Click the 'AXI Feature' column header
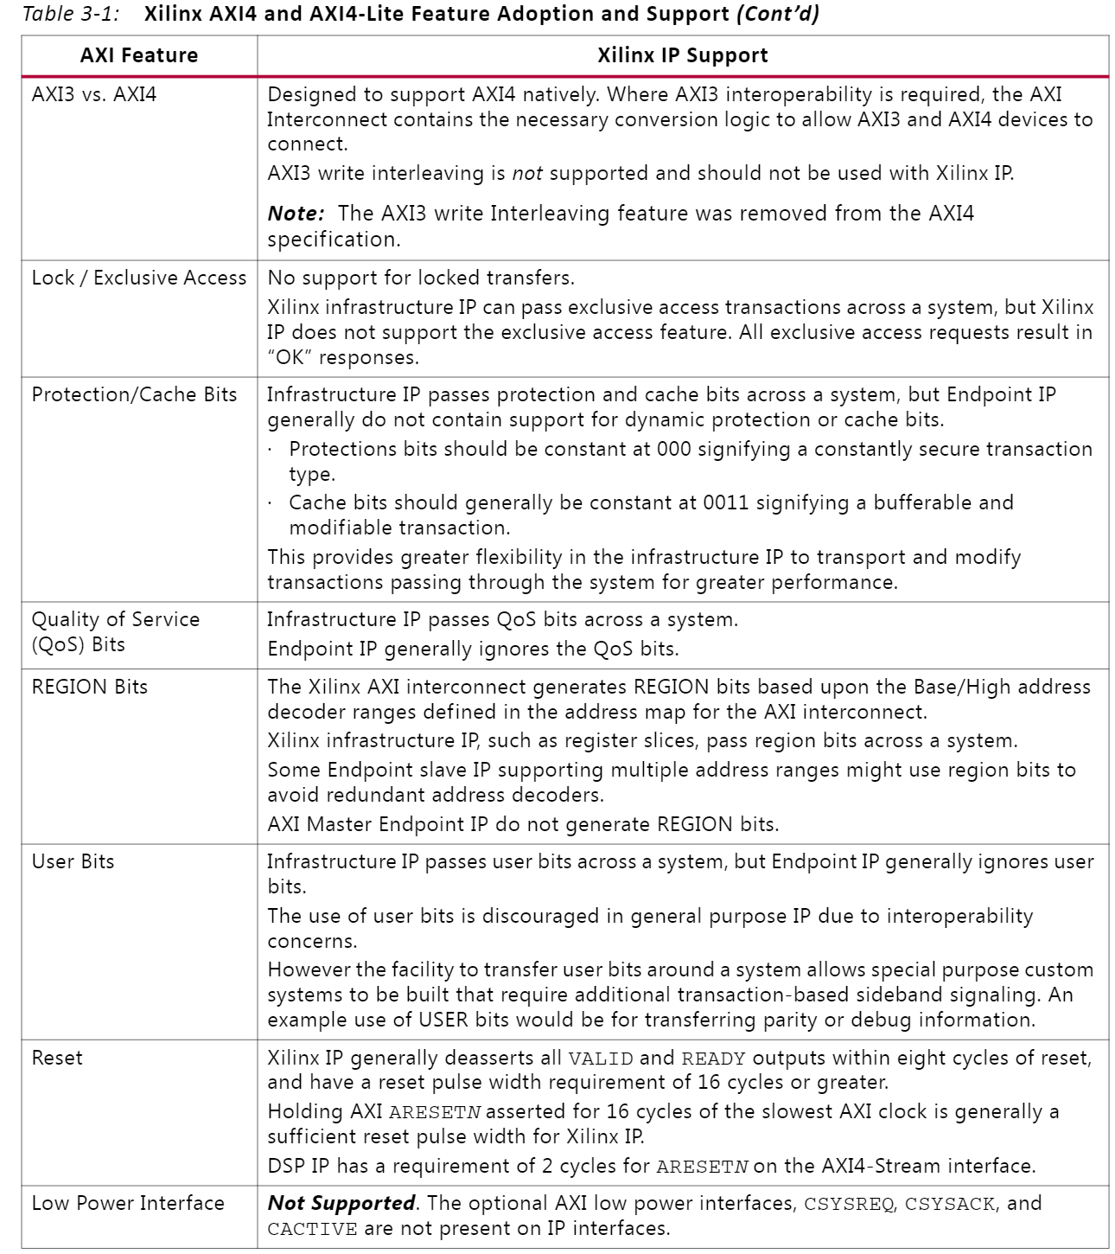click(x=139, y=56)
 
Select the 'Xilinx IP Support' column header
click(x=682, y=56)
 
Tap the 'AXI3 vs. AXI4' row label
click(x=94, y=94)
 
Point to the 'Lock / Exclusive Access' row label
click(x=139, y=278)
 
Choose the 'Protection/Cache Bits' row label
click(x=134, y=394)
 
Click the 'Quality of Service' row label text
click(x=116, y=619)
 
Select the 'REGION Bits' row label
click(x=90, y=687)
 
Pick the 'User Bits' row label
click(x=73, y=861)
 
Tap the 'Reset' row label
click(x=57, y=1058)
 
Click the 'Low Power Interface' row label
click(x=128, y=1203)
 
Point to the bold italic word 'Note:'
click(x=296, y=214)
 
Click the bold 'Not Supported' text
click(x=342, y=1203)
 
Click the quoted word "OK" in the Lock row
click(x=290, y=357)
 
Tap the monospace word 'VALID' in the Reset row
click(x=601, y=1059)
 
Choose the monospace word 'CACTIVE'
click(x=311, y=1229)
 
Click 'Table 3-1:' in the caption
click(x=71, y=14)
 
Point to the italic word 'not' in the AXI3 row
click(x=527, y=173)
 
